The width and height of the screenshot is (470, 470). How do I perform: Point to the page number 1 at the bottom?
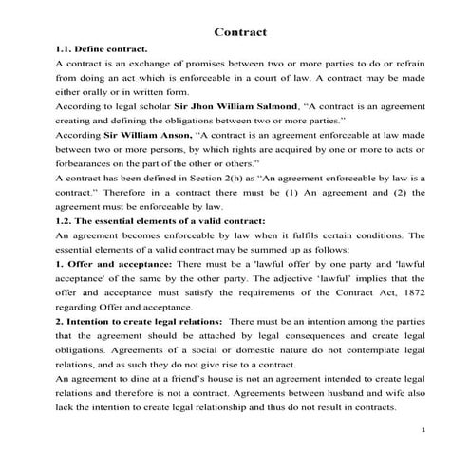(x=421, y=431)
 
